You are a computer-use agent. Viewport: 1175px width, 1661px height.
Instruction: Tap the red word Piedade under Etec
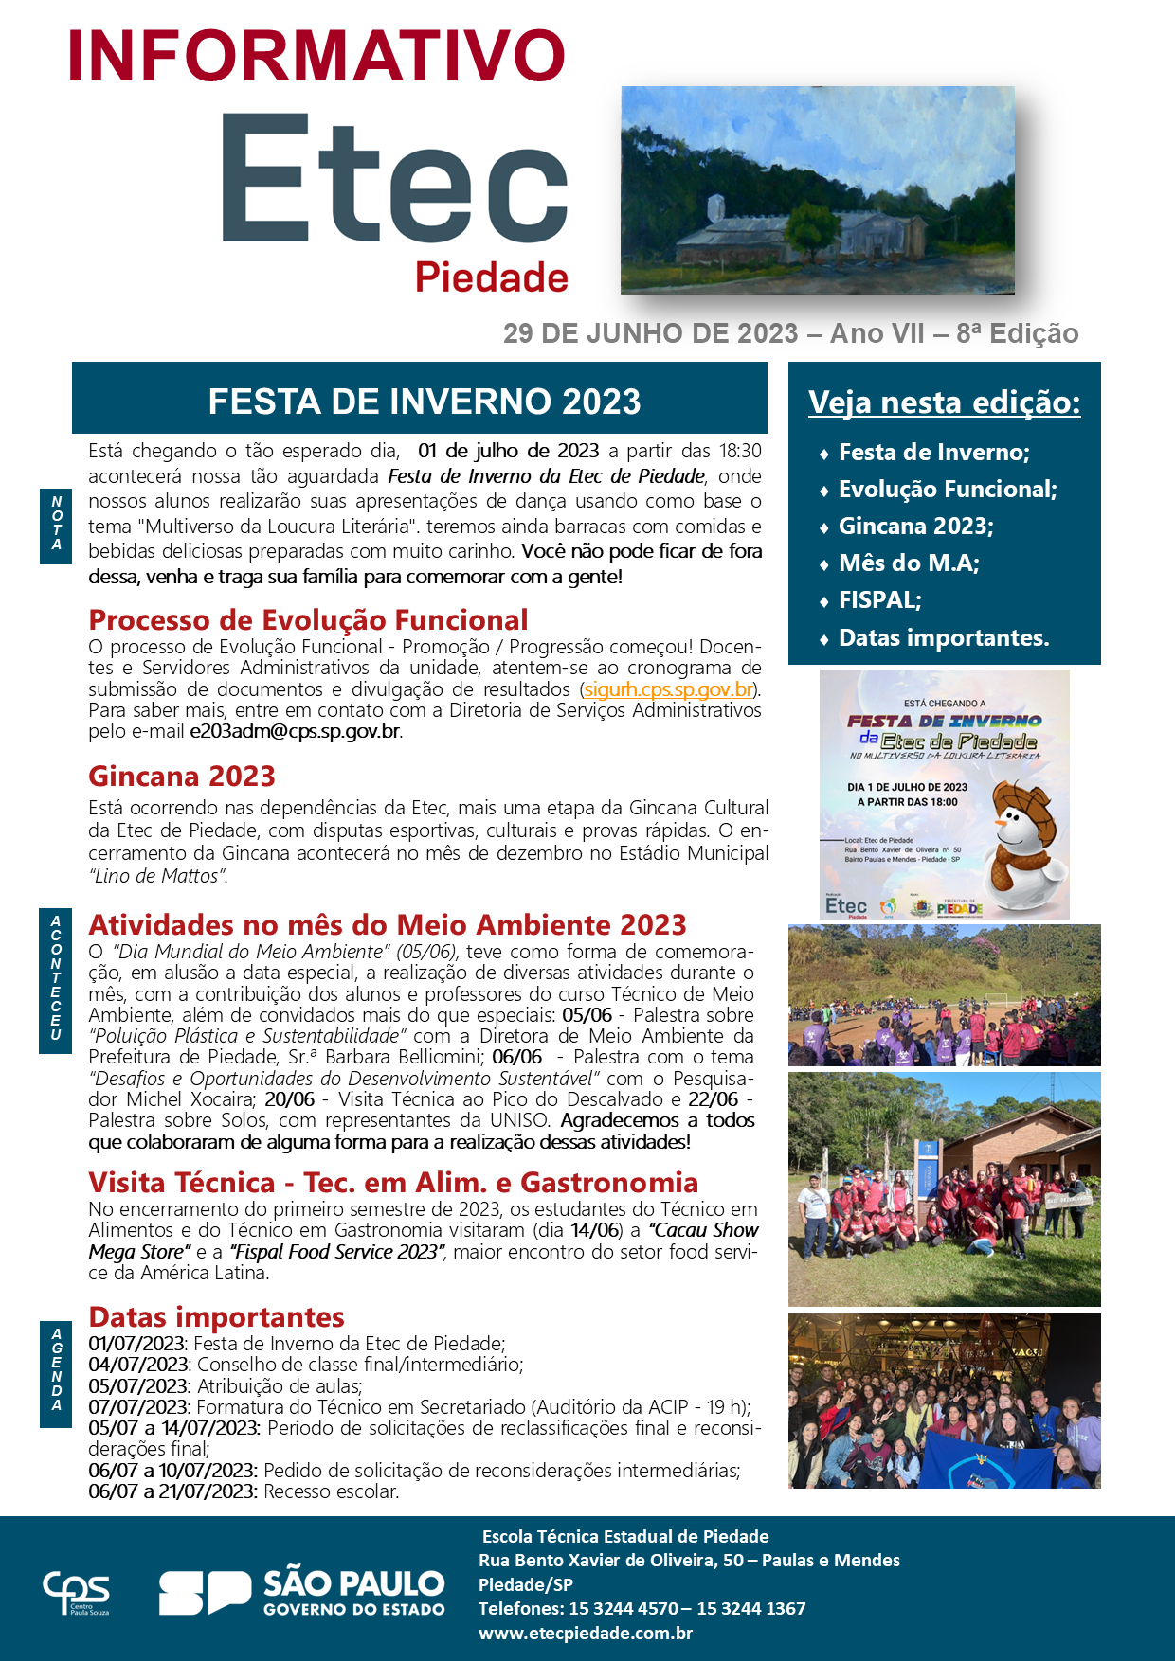[x=492, y=277]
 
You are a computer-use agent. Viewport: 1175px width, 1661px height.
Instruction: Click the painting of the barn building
[x=817, y=190]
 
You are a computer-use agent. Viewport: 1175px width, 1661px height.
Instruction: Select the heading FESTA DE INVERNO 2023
[x=424, y=402]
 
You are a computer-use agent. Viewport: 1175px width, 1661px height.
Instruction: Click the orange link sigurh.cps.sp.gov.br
[x=669, y=689]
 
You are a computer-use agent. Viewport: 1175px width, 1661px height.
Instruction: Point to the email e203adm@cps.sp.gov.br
[x=295, y=731]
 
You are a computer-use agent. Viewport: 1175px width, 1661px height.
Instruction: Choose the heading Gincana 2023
[x=182, y=776]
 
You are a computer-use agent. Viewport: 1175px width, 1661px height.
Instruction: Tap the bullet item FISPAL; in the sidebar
[x=879, y=600]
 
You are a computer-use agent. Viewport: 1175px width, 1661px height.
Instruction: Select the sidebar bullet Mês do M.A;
[x=909, y=563]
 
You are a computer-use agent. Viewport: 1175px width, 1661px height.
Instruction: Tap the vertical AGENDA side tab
[x=57, y=1369]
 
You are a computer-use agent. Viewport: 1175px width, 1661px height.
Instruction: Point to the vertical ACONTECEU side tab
[x=56, y=978]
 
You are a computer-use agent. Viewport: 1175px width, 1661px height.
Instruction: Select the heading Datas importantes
[x=216, y=1317]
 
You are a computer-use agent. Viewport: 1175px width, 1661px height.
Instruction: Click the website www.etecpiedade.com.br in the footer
[x=586, y=1633]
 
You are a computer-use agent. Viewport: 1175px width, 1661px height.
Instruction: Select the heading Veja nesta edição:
[x=944, y=402]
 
